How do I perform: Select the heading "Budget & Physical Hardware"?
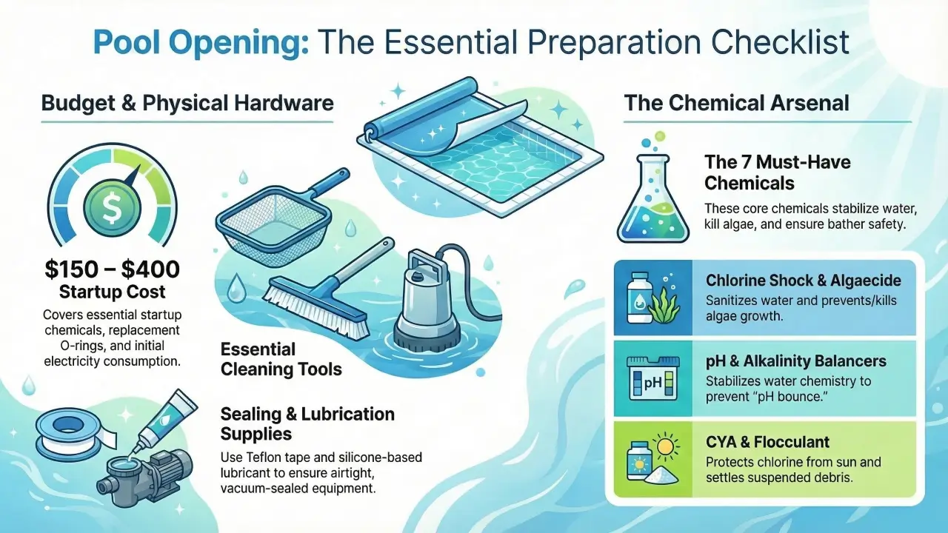(x=187, y=102)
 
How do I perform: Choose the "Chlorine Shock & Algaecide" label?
(x=804, y=281)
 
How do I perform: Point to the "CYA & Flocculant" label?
(x=768, y=443)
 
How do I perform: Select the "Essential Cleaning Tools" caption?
(x=281, y=358)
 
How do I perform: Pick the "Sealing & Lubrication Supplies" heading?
(x=307, y=423)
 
